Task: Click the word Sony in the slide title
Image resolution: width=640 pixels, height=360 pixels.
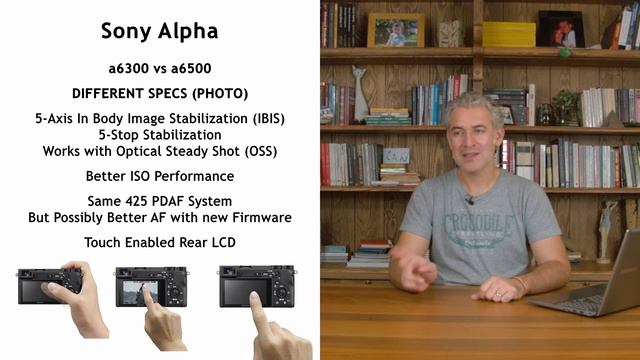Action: coord(127,31)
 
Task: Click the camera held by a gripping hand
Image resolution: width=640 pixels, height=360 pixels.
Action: coord(49,286)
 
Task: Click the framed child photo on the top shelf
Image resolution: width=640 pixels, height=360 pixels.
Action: coord(395,30)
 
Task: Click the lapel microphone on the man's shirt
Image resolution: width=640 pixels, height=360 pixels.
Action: coord(468,201)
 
